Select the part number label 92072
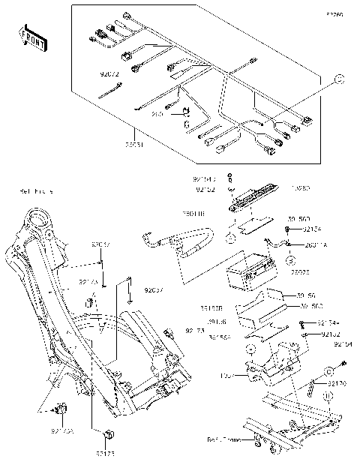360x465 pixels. (110, 75)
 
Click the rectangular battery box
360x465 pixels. (248, 266)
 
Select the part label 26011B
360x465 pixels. (196, 215)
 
